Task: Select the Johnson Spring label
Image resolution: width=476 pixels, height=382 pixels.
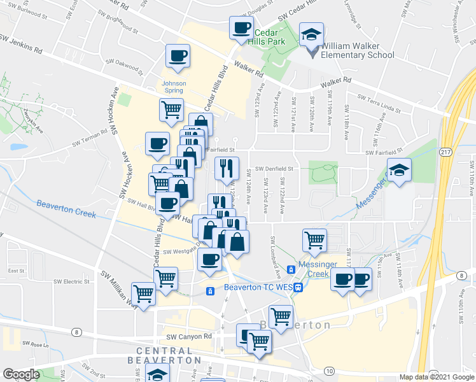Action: click(x=174, y=87)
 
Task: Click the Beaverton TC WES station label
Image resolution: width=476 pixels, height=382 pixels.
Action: click(x=258, y=287)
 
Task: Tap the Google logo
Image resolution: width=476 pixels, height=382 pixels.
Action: click(x=21, y=374)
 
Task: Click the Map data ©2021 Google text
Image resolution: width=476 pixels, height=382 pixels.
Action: click(x=437, y=377)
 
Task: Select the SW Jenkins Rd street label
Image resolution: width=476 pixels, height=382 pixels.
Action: click(x=21, y=44)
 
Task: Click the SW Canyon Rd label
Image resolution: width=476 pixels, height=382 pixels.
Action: click(x=188, y=336)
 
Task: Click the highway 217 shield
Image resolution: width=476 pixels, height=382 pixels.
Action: click(x=446, y=152)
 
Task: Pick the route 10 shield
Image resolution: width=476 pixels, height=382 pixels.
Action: click(x=328, y=371)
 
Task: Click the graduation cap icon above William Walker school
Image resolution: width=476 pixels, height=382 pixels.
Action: click(x=312, y=34)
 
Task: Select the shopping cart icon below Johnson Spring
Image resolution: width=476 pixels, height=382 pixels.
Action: click(x=171, y=110)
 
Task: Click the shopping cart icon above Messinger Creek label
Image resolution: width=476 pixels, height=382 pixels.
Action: click(x=314, y=240)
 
